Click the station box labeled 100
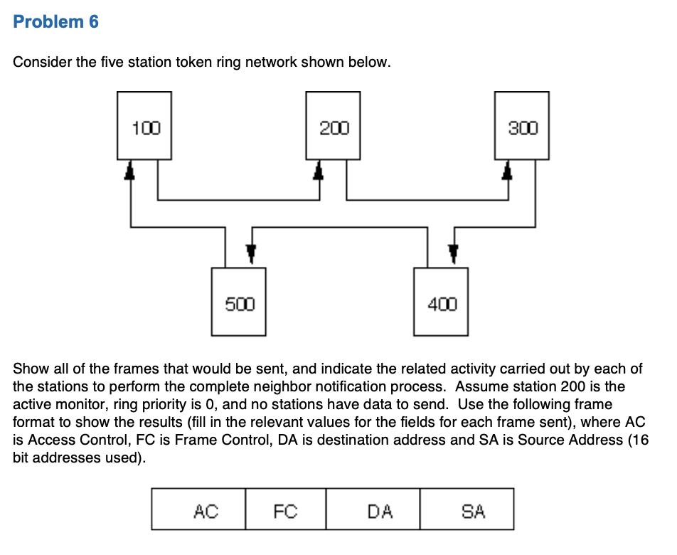pyautogui.click(x=144, y=125)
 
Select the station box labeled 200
pyautogui.click(x=333, y=125)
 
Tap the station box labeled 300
pyautogui.click(x=521, y=125)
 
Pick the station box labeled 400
pyautogui.click(x=441, y=302)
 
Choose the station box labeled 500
pyautogui.click(x=239, y=302)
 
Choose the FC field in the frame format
pyautogui.click(x=285, y=509)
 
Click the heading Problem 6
pyautogui.click(x=56, y=22)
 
